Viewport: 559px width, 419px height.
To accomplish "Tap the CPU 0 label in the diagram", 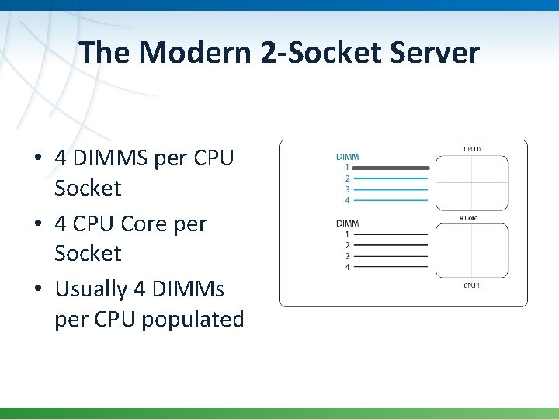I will click(471, 148).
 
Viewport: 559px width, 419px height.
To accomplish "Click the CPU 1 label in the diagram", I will click(471, 286).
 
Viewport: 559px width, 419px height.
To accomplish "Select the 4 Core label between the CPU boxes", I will click(468, 218).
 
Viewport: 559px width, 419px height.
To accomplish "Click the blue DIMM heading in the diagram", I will click(347, 157).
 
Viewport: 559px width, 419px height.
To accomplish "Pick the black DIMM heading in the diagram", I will click(347, 223).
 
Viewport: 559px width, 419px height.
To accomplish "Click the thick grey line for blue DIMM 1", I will click(392, 168).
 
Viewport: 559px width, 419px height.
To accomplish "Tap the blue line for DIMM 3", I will click(392, 189).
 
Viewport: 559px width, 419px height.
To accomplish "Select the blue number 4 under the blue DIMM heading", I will click(347, 200).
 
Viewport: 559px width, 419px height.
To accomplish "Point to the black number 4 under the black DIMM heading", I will click(347, 267).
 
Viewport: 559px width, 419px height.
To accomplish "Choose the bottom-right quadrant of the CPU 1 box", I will click(490, 264).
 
